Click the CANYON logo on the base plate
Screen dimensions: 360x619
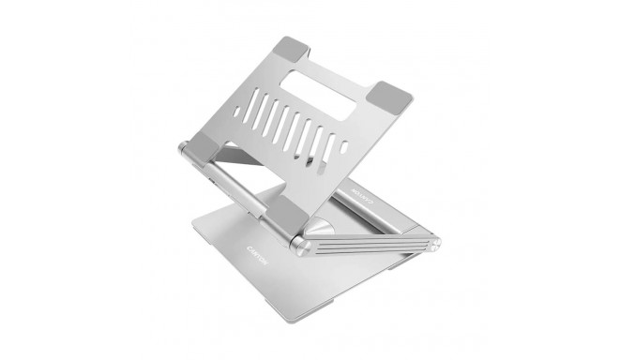(262, 248)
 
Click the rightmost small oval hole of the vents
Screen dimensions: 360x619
(344, 149)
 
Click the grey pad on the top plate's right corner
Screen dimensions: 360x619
(393, 94)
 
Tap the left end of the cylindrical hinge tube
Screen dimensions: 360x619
(180, 148)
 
